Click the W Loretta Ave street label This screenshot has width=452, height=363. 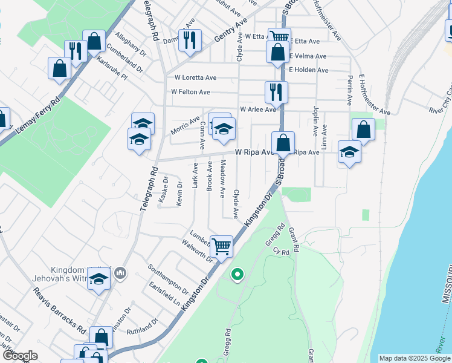[195, 77]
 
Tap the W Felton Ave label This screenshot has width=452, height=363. [190, 92]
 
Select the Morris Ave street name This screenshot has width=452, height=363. [185, 125]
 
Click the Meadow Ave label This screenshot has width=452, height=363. [222, 178]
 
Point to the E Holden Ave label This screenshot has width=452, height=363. [308, 70]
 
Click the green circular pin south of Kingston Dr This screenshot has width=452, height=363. [237, 275]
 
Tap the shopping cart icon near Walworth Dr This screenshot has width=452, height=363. [222, 246]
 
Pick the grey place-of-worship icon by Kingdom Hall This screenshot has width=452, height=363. [121, 275]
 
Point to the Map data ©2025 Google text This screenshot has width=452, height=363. [414, 358]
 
